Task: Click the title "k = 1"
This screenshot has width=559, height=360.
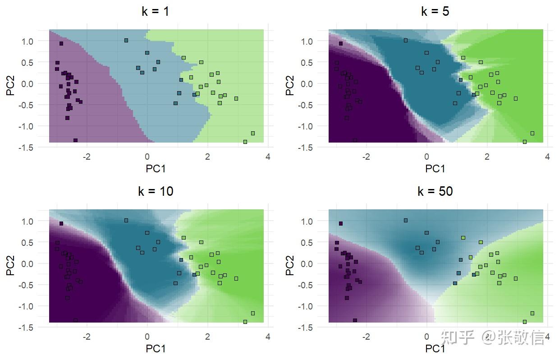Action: (156, 11)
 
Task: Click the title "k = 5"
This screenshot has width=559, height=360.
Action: (435, 11)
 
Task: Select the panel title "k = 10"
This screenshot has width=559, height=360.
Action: (156, 191)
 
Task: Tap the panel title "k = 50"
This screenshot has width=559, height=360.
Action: (435, 191)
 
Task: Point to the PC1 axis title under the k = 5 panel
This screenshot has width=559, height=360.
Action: (435, 169)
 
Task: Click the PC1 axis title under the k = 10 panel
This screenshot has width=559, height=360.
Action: (156, 349)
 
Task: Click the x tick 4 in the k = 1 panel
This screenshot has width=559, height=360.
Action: (268, 157)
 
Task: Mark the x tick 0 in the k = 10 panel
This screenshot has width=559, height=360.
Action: (147, 337)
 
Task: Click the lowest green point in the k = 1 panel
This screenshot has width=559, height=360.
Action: (245, 142)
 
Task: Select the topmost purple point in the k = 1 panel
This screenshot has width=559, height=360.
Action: (61, 44)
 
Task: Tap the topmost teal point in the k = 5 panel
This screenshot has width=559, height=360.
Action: (406, 40)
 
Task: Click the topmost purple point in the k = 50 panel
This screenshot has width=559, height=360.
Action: (341, 223)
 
